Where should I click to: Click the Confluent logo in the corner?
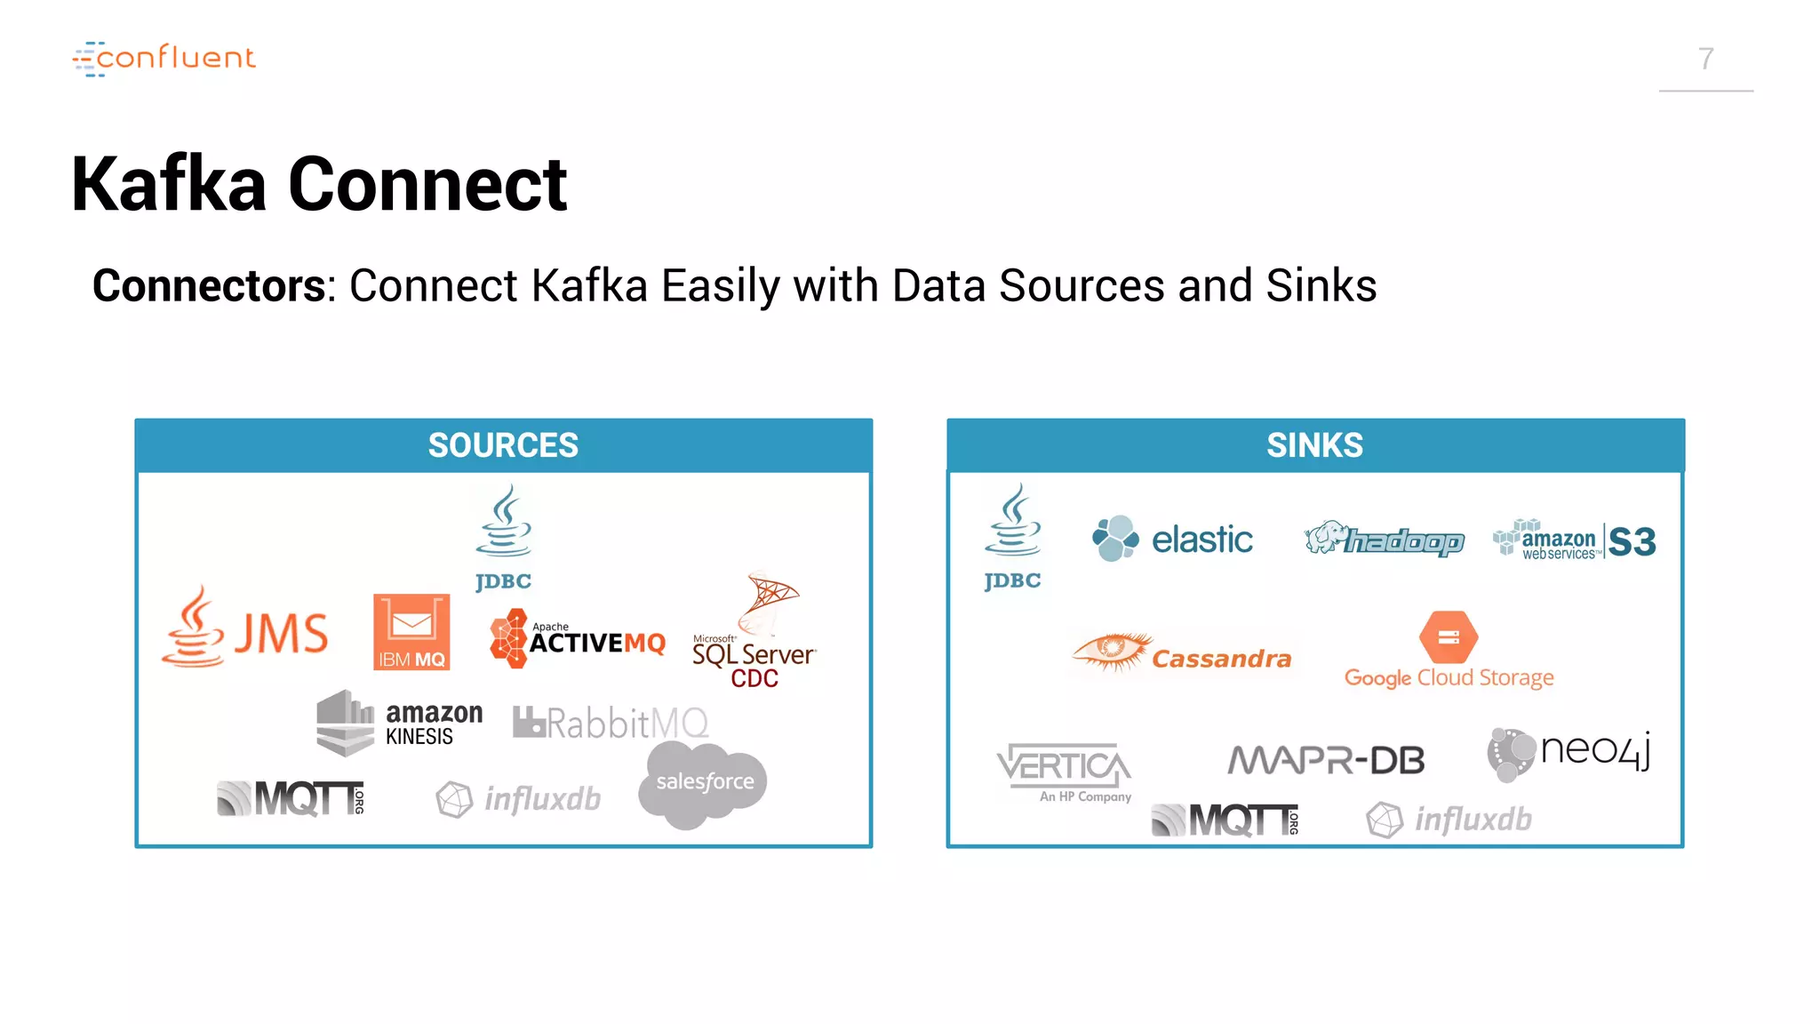click(x=164, y=59)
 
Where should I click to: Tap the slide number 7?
click(x=1705, y=59)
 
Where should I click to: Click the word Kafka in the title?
click(x=169, y=184)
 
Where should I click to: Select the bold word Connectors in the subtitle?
click(x=210, y=286)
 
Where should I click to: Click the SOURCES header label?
click(x=503, y=445)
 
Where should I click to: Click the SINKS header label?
click(x=1314, y=445)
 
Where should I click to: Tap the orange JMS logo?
click(x=246, y=630)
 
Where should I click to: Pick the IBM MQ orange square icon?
click(x=411, y=632)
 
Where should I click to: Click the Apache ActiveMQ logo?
click(x=578, y=638)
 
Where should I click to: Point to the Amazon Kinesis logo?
click(x=400, y=723)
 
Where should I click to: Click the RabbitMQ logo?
click(x=611, y=723)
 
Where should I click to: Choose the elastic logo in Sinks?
click(x=1172, y=539)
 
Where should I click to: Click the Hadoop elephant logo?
click(x=1384, y=539)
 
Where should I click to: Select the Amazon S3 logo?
click(x=1575, y=540)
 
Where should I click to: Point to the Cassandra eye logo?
click(x=1182, y=654)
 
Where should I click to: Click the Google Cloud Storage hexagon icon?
click(x=1449, y=636)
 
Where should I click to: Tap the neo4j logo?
click(x=1569, y=754)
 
